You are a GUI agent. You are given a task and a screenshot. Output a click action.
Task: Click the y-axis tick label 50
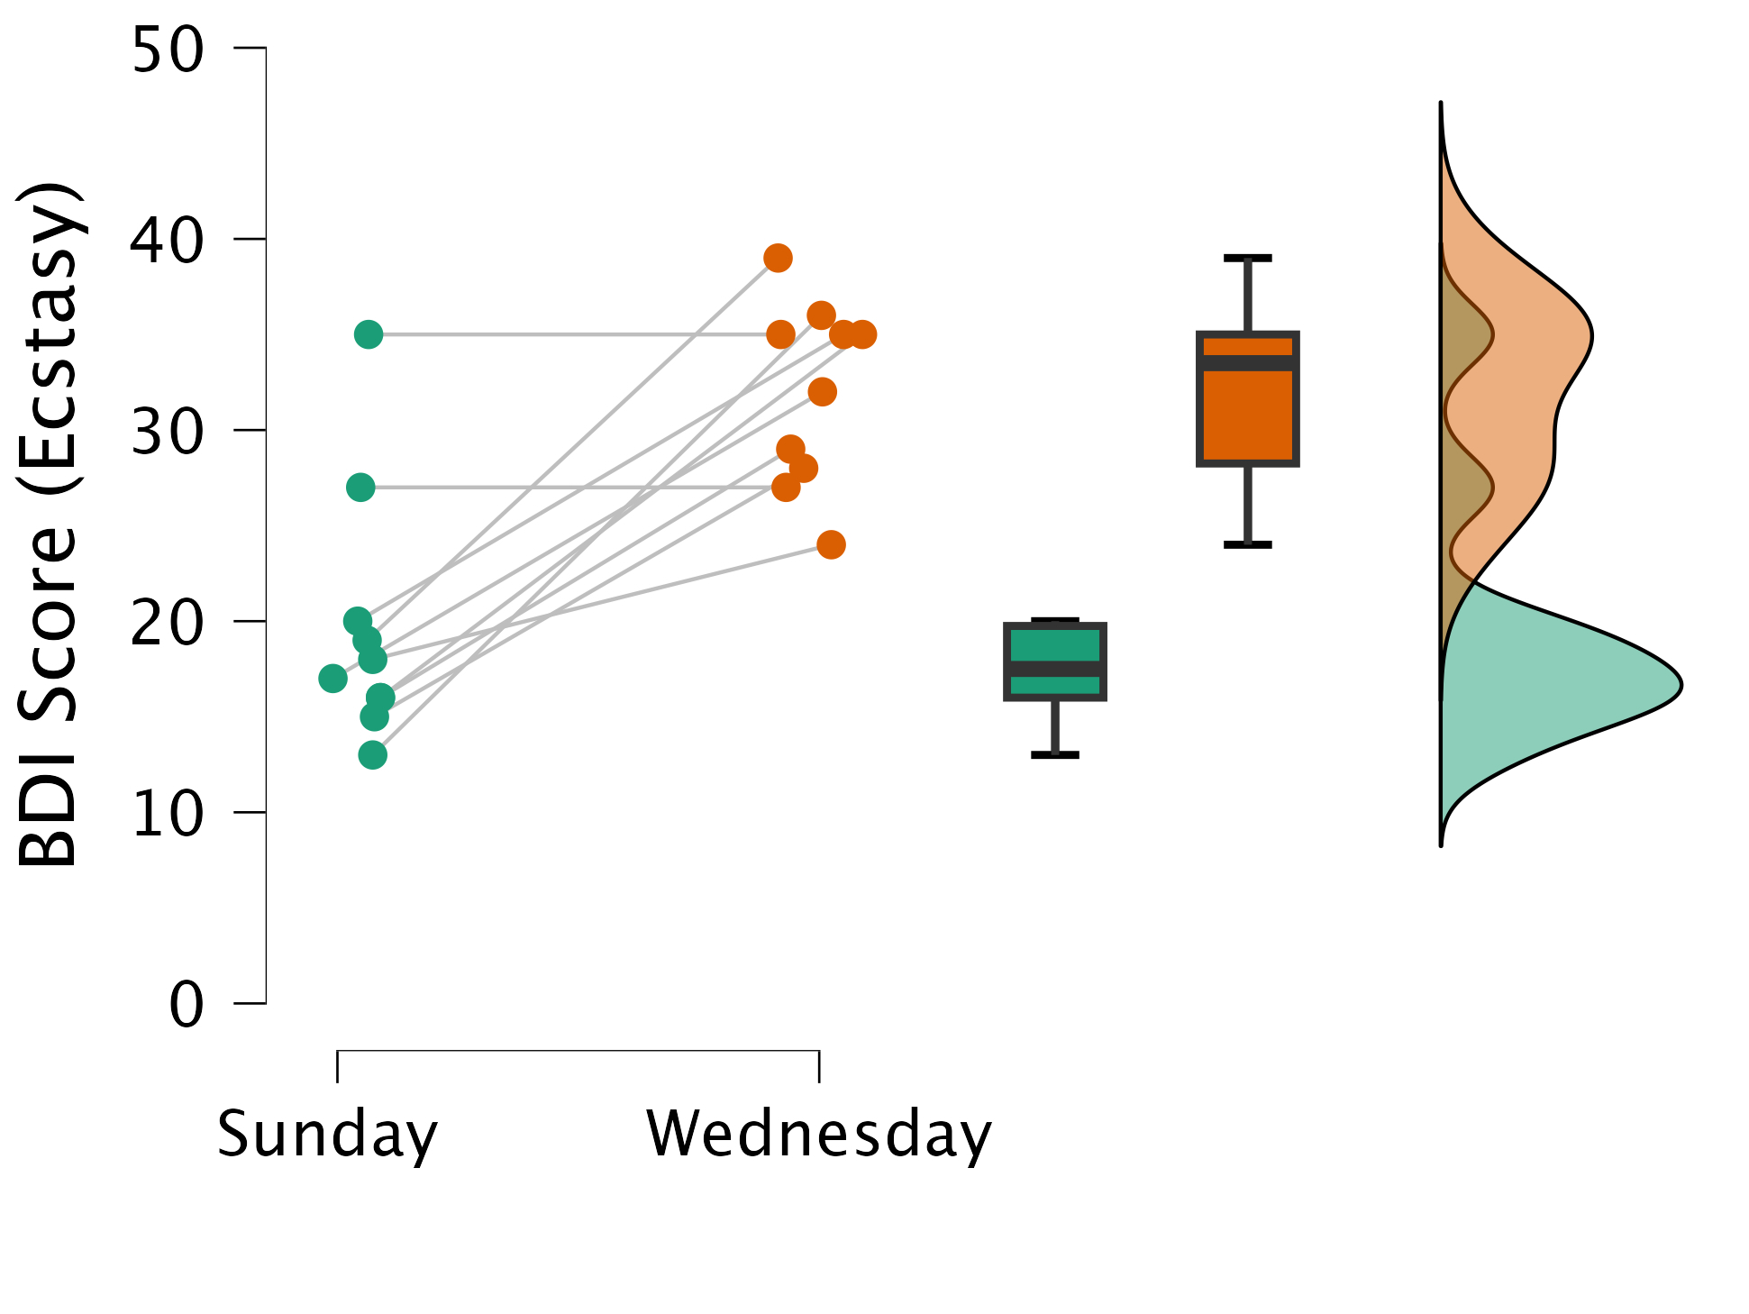point(168,50)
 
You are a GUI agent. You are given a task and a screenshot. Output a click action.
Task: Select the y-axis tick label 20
point(168,623)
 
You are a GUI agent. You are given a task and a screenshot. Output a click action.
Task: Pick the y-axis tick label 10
point(168,814)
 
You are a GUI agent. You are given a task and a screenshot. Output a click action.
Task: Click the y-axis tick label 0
point(187,1005)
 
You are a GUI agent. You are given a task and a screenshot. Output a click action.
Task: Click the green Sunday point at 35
point(368,334)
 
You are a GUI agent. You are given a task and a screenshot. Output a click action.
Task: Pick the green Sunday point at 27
point(360,488)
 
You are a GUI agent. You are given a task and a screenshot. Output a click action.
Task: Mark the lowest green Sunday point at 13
point(372,755)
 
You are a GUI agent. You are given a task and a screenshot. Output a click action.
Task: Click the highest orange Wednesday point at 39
point(778,259)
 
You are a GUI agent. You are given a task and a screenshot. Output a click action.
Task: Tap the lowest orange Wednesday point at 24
point(831,545)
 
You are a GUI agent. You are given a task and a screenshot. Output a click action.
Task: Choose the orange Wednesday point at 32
point(822,392)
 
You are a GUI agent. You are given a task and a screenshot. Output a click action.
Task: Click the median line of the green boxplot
point(1055,669)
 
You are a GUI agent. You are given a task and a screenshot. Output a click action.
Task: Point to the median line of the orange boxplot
point(1248,363)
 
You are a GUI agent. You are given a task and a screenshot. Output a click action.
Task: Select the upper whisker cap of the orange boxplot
point(1248,259)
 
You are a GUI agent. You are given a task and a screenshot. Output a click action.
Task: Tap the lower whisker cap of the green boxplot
point(1055,754)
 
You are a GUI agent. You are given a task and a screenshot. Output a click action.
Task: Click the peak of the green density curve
point(1681,686)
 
